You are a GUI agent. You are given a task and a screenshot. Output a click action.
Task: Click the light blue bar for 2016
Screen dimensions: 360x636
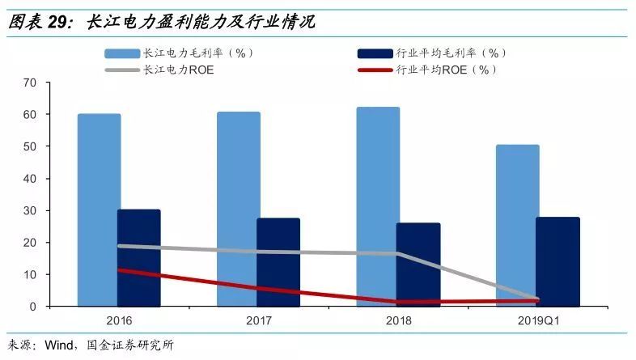(x=100, y=210)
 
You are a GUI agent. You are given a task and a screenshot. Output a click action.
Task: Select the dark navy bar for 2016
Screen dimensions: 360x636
(x=138, y=258)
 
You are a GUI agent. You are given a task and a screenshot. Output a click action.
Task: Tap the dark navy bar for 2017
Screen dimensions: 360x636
(x=278, y=262)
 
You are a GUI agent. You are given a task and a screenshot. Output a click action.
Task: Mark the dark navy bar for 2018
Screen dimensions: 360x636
(x=418, y=265)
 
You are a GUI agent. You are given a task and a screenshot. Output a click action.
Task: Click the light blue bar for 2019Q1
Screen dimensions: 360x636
(x=518, y=226)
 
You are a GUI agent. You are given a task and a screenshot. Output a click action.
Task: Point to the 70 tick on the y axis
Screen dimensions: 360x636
(x=31, y=83)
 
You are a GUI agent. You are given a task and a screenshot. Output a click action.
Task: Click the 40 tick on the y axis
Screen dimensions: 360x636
(x=31, y=179)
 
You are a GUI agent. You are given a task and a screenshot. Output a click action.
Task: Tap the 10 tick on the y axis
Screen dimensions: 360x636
(x=31, y=275)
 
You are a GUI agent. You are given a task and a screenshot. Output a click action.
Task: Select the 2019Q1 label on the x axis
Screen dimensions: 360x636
(x=539, y=321)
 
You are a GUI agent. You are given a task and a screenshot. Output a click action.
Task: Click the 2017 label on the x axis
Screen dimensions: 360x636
(x=259, y=321)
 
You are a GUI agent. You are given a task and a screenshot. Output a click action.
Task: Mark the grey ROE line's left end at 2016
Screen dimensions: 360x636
(x=119, y=246)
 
